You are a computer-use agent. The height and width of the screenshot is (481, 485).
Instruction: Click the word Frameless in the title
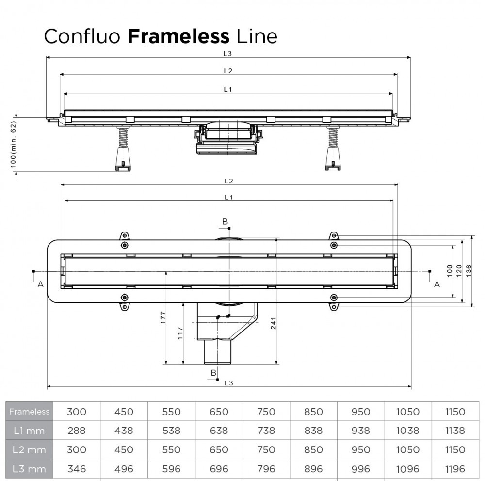tap(178, 36)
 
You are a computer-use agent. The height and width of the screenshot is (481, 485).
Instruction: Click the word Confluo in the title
tap(82, 36)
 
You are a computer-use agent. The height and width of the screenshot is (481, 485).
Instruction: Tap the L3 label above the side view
tap(228, 54)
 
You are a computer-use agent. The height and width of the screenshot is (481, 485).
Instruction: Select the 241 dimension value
tap(273, 326)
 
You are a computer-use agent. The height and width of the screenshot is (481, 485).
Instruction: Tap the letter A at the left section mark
tap(40, 284)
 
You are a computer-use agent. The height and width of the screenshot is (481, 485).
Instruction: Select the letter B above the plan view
tap(225, 222)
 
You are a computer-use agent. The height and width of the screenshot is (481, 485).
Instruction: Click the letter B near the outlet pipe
tap(213, 372)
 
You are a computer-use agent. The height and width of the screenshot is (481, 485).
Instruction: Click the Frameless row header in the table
tap(30, 412)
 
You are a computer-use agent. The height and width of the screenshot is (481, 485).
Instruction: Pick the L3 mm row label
tap(30, 468)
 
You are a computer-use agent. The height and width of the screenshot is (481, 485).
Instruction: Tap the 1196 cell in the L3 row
tap(454, 468)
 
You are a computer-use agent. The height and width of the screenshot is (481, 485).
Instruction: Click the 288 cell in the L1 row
tap(76, 431)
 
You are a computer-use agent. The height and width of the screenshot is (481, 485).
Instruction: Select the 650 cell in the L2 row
tap(219, 449)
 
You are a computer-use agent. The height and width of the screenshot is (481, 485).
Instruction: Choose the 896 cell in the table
tap(313, 468)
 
